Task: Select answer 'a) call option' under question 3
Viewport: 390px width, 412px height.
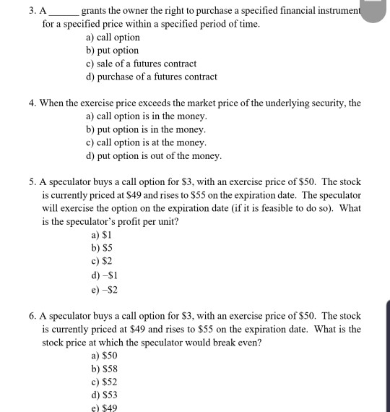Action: coord(113,38)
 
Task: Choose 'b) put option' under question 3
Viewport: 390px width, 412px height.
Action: coord(112,51)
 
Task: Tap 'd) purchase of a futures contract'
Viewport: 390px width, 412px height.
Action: coord(151,77)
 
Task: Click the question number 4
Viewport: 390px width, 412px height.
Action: coord(33,103)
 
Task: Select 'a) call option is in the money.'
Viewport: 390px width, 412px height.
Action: coord(146,116)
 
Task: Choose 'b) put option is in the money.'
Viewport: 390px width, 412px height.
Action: coord(145,129)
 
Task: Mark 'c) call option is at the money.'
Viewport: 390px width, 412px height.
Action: coord(146,142)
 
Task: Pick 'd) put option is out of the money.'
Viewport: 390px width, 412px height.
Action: coord(153,155)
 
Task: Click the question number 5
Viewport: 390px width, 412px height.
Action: coord(33,182)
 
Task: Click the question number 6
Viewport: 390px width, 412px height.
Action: coord(33,316)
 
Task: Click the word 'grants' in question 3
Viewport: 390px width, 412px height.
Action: coord(95,12)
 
